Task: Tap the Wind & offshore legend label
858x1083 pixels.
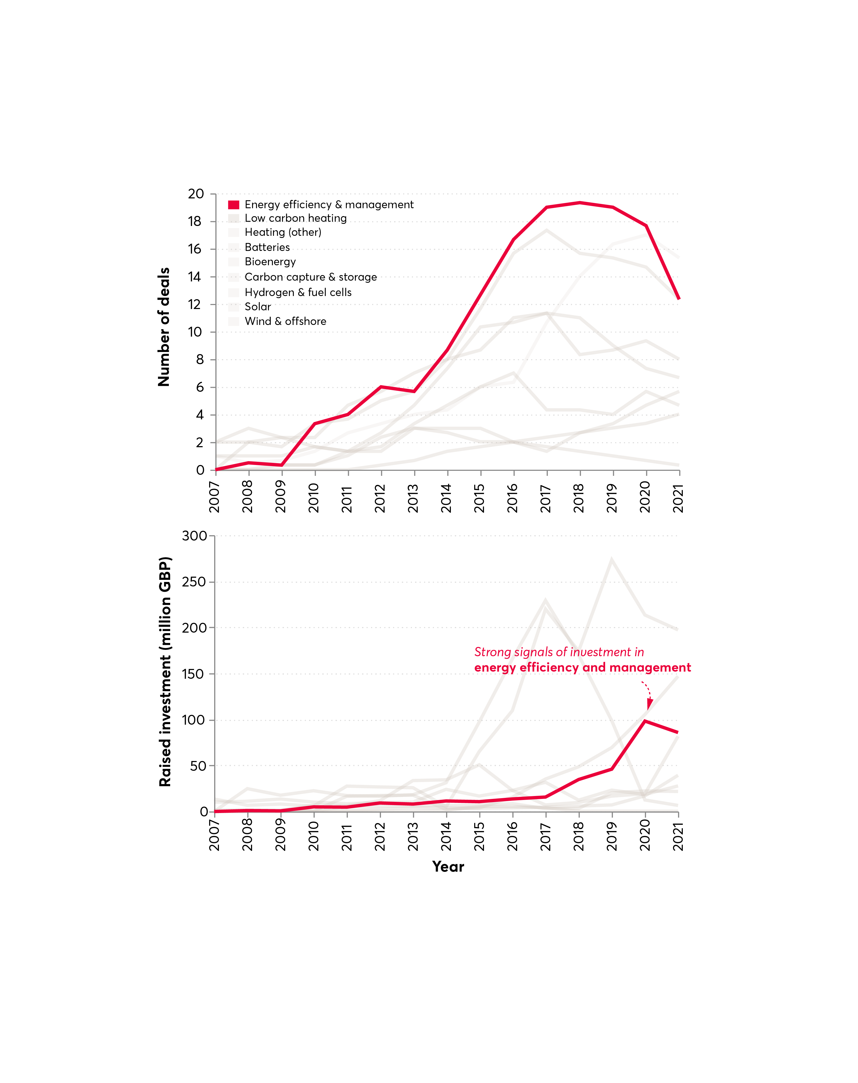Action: pos(285,321)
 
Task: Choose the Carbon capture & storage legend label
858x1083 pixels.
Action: pos(310,277)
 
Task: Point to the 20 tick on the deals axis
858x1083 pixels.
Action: pos(196,194)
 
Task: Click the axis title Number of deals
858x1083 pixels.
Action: pos(164,327)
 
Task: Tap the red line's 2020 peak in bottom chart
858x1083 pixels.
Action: pos(645,721)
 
